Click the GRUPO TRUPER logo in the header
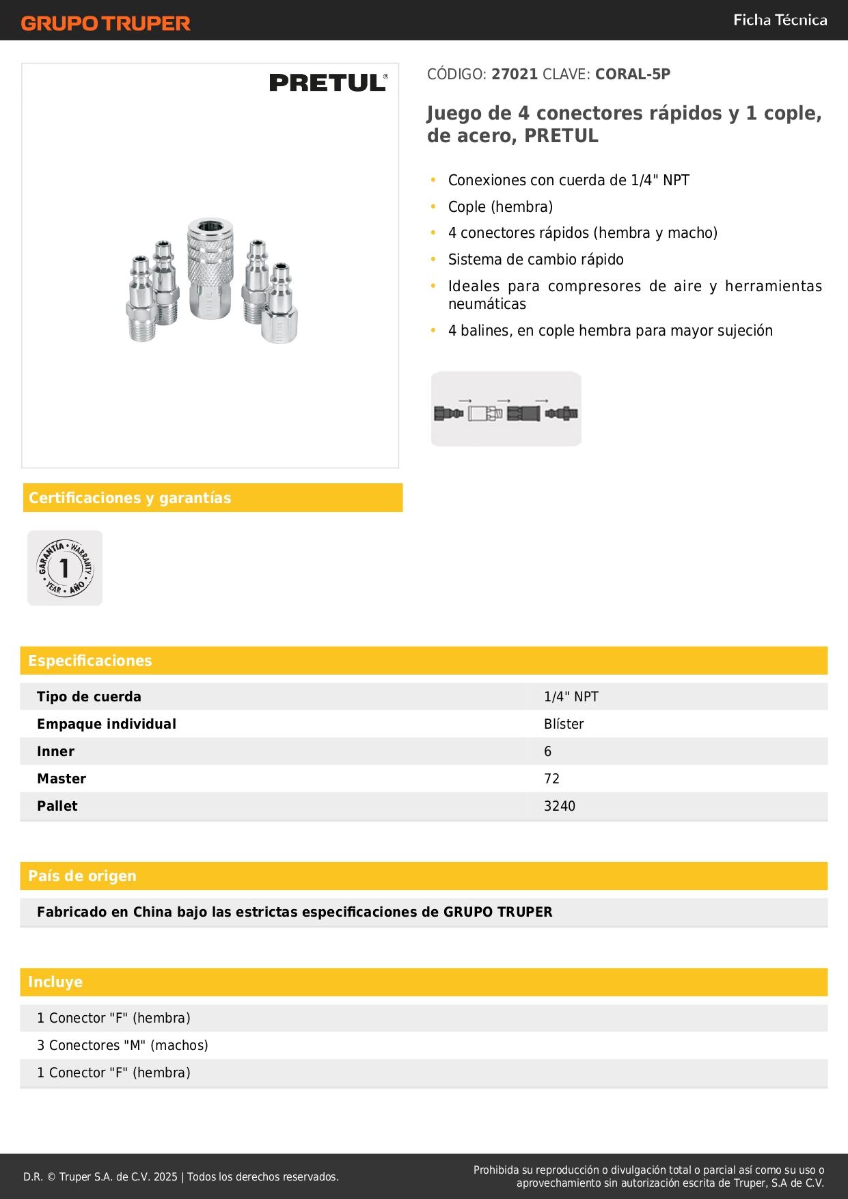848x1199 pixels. pyautogui.click(x=105, y=23)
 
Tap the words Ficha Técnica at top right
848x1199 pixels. pyautogui.click(x=780, y=21)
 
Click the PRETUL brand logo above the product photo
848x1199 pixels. pyautogui.click(x=328, y=83)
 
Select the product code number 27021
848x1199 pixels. pyautogui.click(x=515, y=75)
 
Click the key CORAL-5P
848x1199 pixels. pyautogui.click(x=632, y=75)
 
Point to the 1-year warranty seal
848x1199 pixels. pyautogui.click(x=65, y=568)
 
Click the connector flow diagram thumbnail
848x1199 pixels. pyautogui.click(x=506, y=409)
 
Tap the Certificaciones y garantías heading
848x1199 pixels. pyautogui.click(x=130, y=498)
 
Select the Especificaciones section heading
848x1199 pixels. pyautogui.click(x=90, y=661)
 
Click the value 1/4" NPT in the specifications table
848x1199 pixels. pyautogui.click(x=571, y=697)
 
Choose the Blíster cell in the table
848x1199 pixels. pyautogui.click(x=564, y=724)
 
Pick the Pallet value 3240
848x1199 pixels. pyautogui.click(x=559, y=806)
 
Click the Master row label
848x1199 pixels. pyautogui.click(x=61, y=779)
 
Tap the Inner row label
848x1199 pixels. pyautogui.click(x=55, y=751)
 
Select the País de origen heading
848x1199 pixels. pyautogui.click(x=82, y=876)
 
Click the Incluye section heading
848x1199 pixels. pyautogui.click(x=55, y=982)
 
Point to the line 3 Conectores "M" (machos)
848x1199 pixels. pyautogui.click(x=122, y=1045)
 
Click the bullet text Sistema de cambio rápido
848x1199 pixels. pyautogui.click(x=536, y=260)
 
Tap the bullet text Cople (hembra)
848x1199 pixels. pyautogui.click(x=500, y=207)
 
